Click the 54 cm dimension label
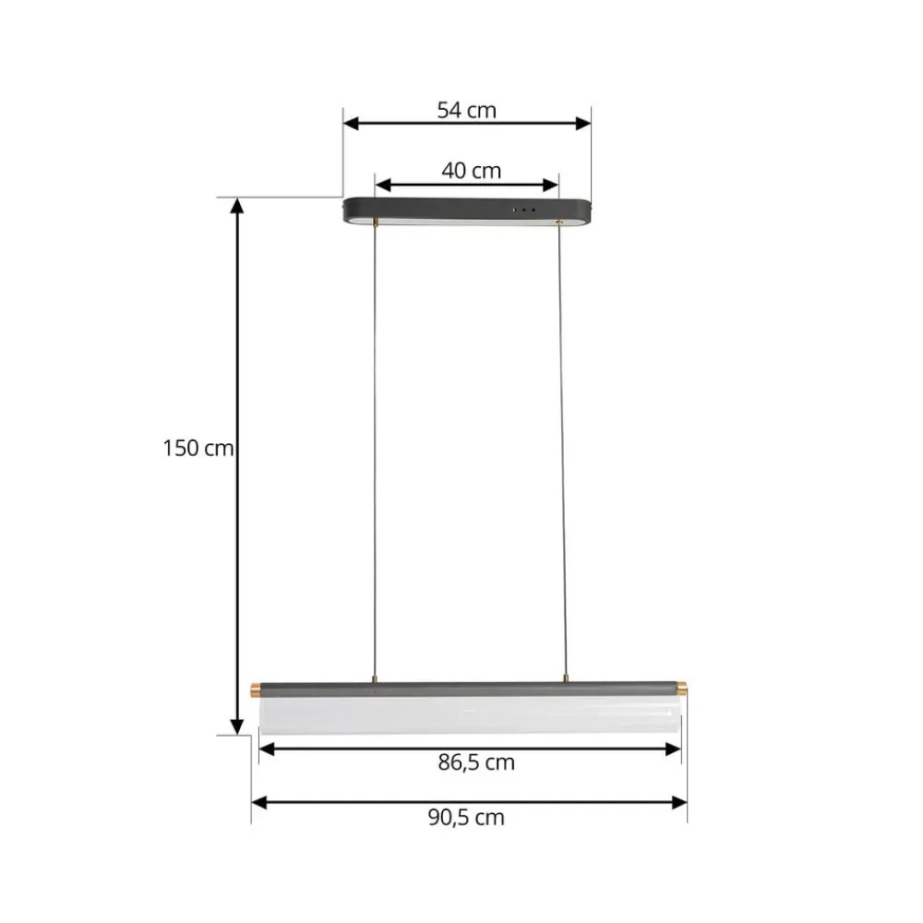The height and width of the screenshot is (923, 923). tap(466, 111)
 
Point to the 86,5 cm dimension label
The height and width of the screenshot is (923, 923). tap(476, 763)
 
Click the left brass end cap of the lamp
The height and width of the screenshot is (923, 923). tap(256, 689)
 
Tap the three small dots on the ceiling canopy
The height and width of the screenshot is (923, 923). tap(524, 210)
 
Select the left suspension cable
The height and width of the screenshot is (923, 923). tap(375, 452)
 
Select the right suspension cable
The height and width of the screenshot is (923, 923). tap(561, 452)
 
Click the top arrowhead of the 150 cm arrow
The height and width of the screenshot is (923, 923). tap(237, 206)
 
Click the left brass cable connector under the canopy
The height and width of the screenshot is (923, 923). tap(375, 222)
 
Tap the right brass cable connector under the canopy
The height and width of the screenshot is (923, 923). tap(558, 222)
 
